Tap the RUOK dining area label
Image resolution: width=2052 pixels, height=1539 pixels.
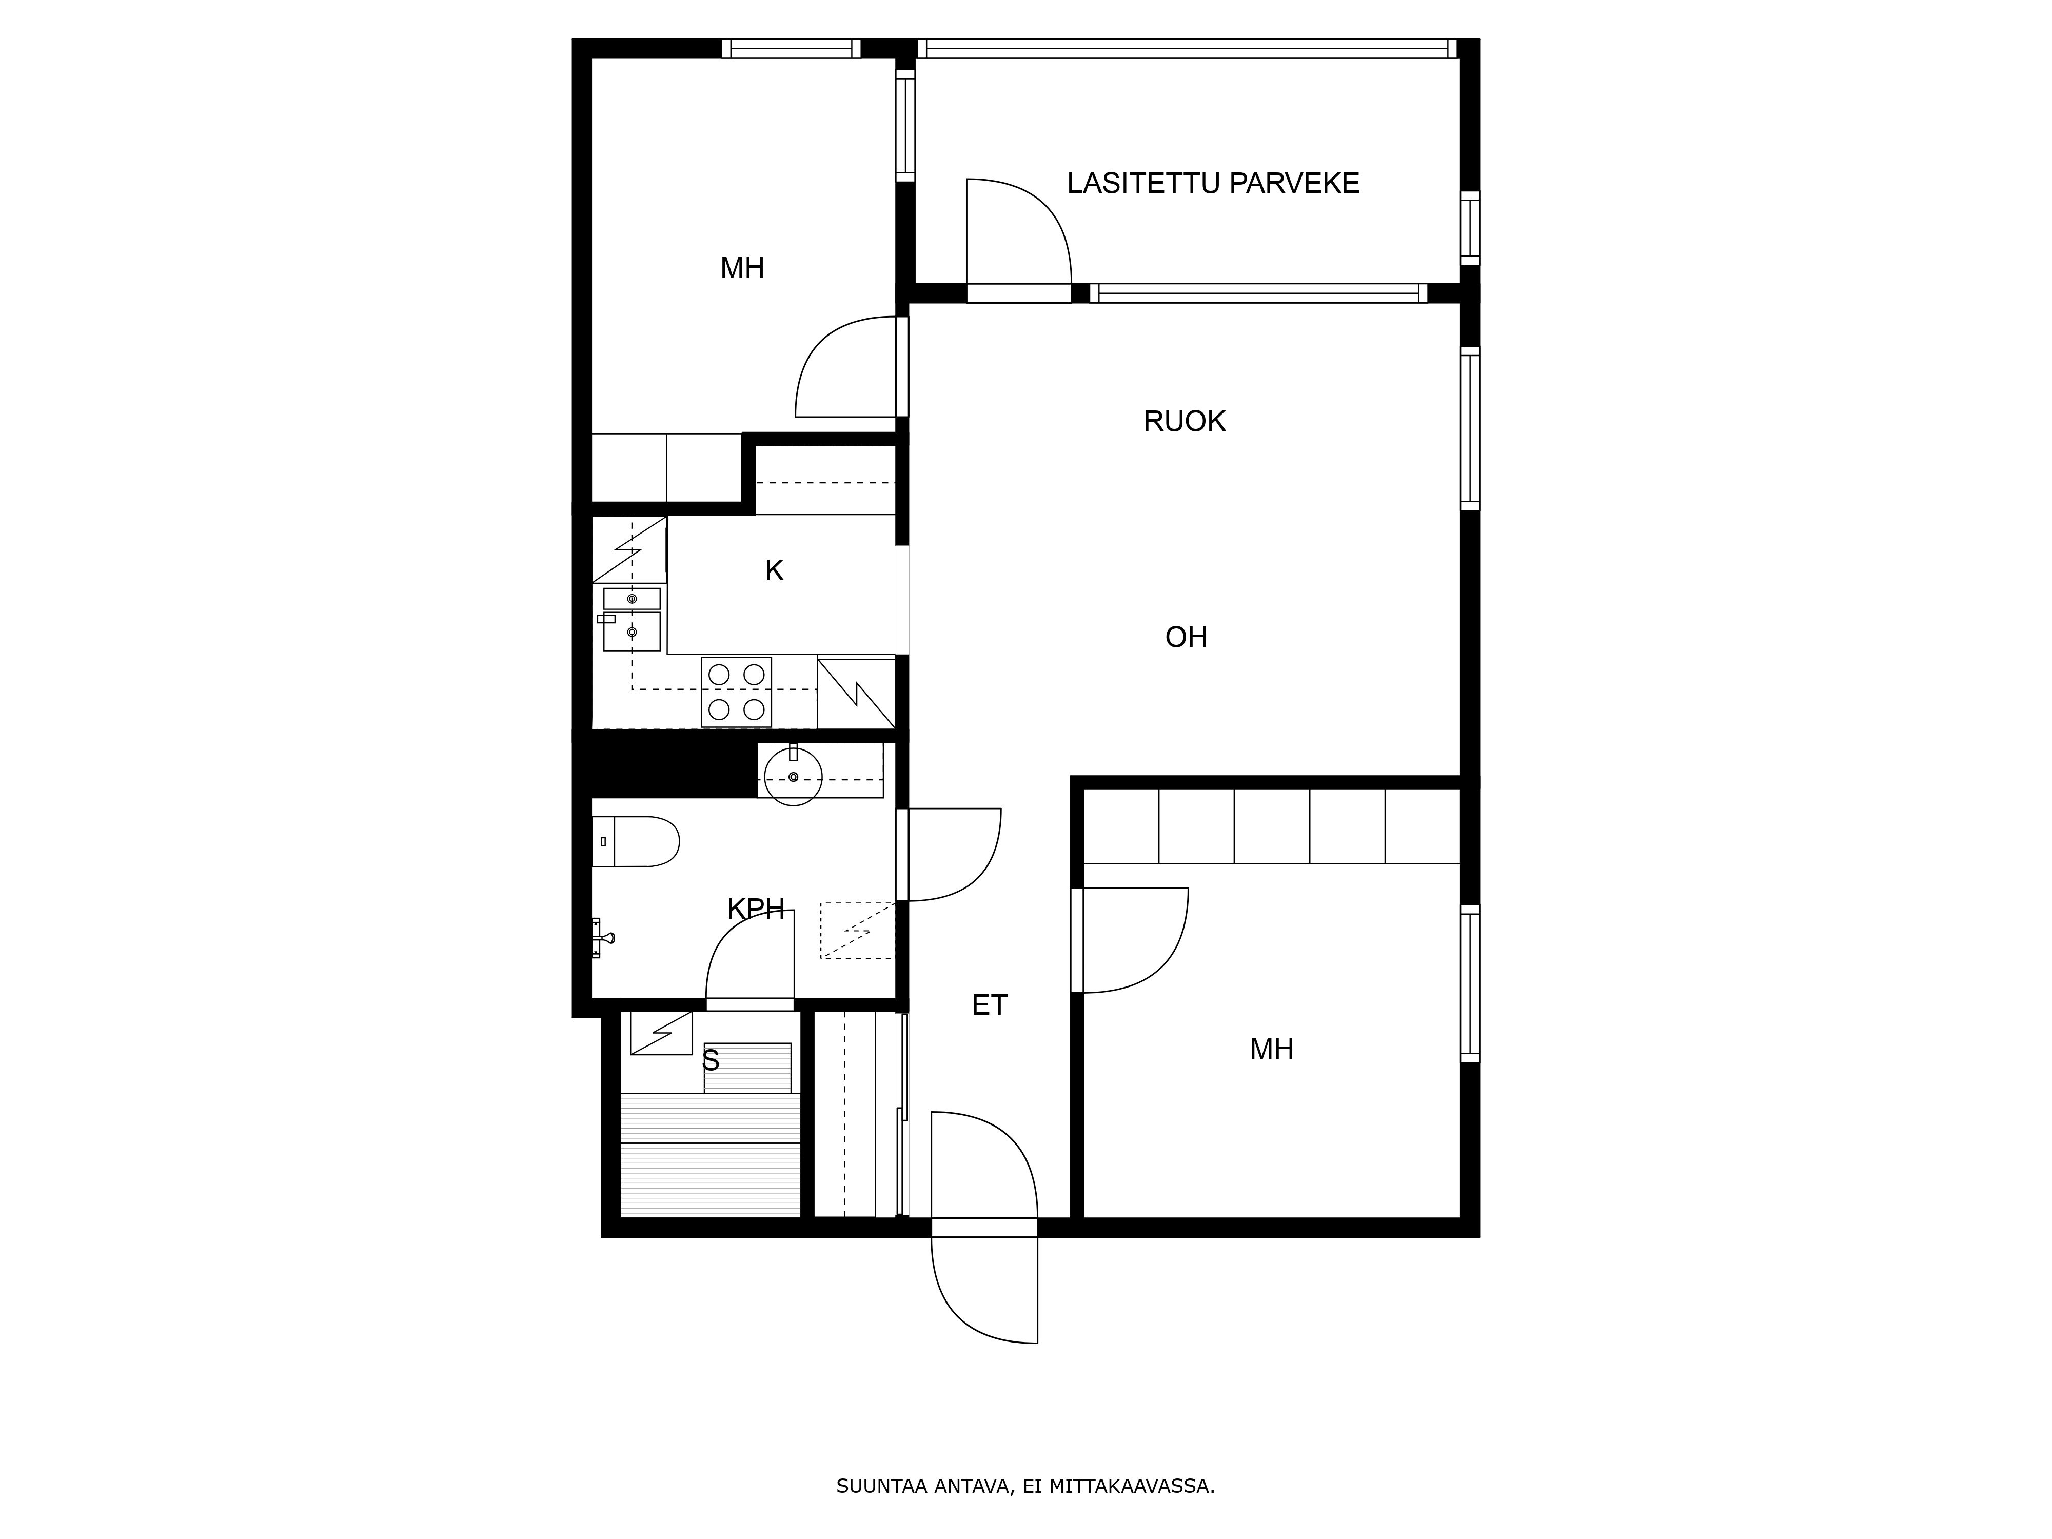[x=1185, y=421]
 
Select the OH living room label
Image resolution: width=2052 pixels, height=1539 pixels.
[x=1187, y=637]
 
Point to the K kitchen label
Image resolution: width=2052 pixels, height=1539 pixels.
[x=775, y=570]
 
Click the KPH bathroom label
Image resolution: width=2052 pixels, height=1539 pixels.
[x=756, y=909]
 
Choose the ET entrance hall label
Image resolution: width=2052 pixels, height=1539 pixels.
[x=989, y=1004]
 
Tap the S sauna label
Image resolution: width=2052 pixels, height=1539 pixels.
[x=711, y=1059]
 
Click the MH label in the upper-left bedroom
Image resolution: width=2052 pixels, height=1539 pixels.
[x=742, y=268]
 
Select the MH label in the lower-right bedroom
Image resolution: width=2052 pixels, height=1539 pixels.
[x=1271, y=1049]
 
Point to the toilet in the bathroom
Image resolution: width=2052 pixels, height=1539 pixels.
[x=636, y=841]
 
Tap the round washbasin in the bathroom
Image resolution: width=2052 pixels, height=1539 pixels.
[x=793, y=776]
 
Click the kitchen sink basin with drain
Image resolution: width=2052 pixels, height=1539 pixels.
[x=632, y=631]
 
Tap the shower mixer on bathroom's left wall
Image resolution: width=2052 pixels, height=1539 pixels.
[x=603, y=937]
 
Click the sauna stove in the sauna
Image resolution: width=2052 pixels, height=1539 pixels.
[x=661, y=1033]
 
